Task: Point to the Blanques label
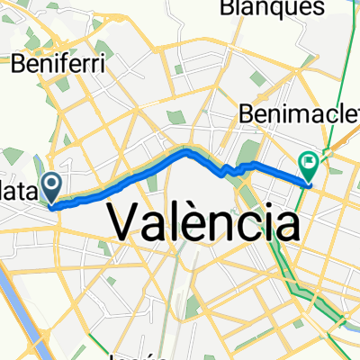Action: tap(272, 8)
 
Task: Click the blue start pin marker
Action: tap(52, 187)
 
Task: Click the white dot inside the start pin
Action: tap(52, 184)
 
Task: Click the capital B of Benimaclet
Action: tap(247, 114)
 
